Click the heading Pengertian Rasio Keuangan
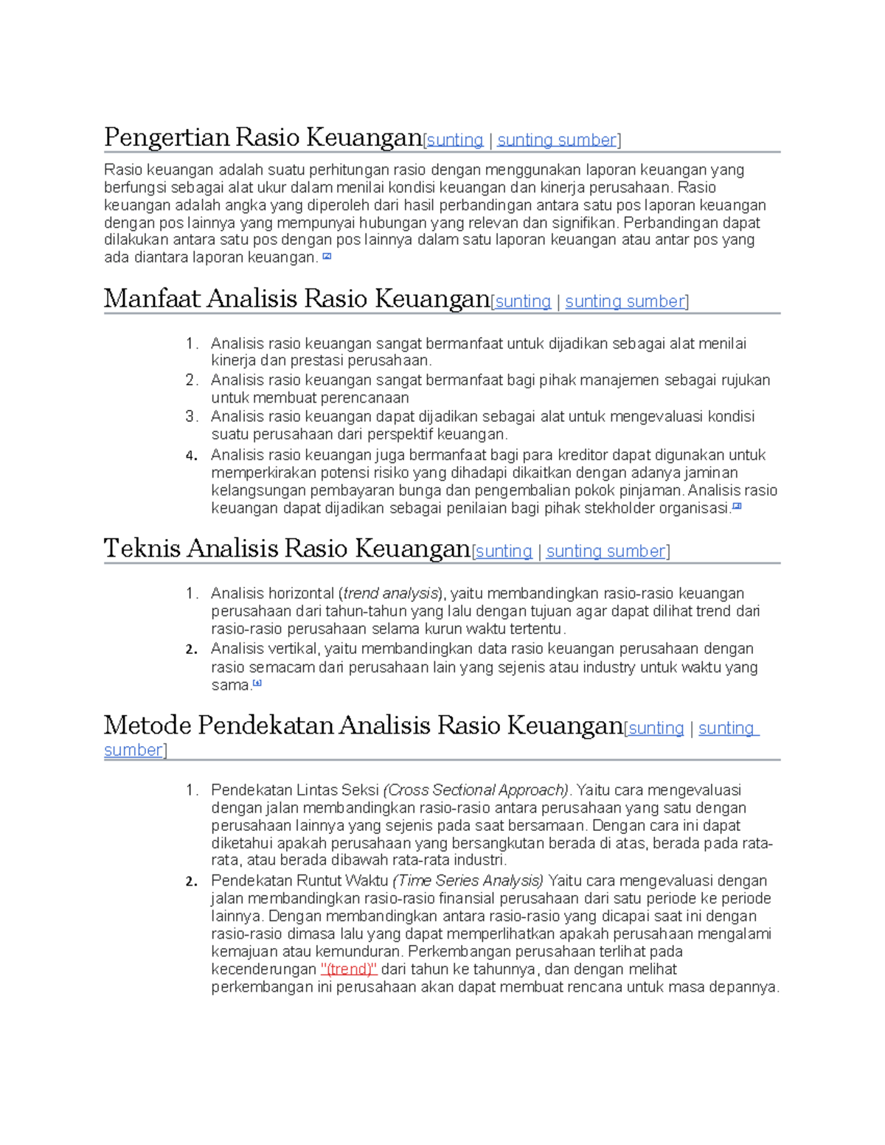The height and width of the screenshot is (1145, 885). tap(263, 138)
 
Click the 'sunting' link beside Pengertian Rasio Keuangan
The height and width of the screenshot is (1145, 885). tap(455, 140)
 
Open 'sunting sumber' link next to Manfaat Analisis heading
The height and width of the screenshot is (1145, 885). tap(625, 302)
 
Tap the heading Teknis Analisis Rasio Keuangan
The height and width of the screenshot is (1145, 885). tap(287, 549)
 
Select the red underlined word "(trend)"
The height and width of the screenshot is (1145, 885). tap(350, 970)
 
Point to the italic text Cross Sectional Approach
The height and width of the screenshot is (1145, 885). tap(476, 790)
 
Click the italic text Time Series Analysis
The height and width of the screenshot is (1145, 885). tap(468, 881)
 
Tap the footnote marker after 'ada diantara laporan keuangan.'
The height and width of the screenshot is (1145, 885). tap(327, 257)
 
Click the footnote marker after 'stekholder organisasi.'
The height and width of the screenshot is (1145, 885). tap(737, 507)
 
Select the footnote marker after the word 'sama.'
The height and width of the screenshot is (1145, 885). tap(257, 683)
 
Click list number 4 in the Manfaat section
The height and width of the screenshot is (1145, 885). tap(192, 456)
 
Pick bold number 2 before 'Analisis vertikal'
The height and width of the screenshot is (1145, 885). tap(192, 650)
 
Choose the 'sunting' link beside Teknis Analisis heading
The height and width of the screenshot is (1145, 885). tap(504, 551)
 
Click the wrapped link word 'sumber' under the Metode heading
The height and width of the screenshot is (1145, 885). tap(133, 751)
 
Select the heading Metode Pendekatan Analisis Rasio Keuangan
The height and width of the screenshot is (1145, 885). tap(363, 726)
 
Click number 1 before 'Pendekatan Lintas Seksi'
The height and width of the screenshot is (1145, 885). tap(191, 790)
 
